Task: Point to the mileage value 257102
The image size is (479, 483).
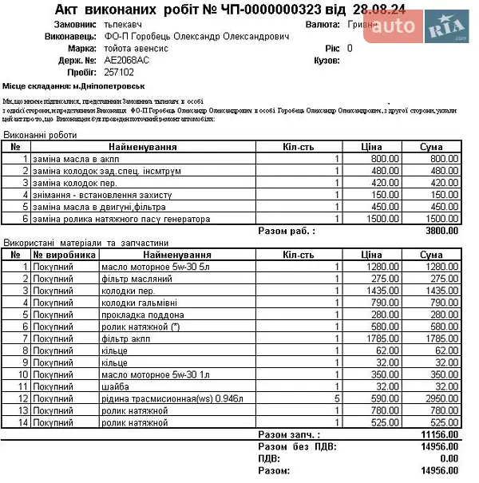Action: [119, 71]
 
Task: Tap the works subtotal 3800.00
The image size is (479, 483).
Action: [442, 231]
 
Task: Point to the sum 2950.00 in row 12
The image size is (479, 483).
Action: [442, 398]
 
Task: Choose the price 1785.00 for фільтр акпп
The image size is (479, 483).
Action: [370, 338]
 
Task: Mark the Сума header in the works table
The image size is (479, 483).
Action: [437, 147]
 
